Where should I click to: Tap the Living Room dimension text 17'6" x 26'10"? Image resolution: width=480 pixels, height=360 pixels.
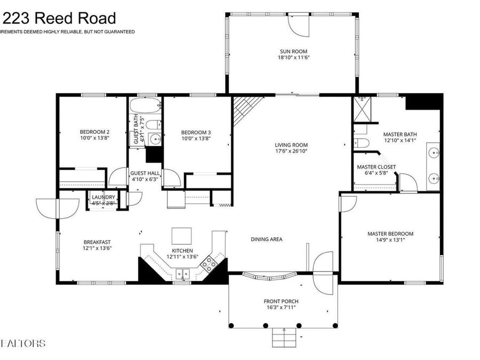pyautogui.click(x=291, y=151)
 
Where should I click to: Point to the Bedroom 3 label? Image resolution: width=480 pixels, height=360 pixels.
pyautogui.click(x=196, y=132)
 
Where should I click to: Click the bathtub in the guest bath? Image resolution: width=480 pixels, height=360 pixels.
pyautogui.click(x=145, y=105)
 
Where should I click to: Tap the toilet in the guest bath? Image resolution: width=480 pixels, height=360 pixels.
pyautogui.click(x=153, y=125)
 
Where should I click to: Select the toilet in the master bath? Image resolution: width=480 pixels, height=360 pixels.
pyautogui.click(x=361, y=142)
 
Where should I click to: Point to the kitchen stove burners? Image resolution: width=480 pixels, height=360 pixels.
pyautogui.click(x=210, y=262)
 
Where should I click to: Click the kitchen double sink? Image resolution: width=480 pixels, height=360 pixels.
pyautogui.click(x=183, y=274)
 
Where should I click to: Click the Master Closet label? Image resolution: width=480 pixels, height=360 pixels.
pyautogui.click(x=376, y=167)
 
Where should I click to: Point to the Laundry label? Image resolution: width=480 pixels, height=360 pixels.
pyautogui.click(x=103, y=197)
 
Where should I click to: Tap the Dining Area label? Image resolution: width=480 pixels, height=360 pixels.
pyautogui.click(x=266, y=239)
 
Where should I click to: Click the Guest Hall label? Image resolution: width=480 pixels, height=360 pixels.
pyautogui.click(x=145, y=173)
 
